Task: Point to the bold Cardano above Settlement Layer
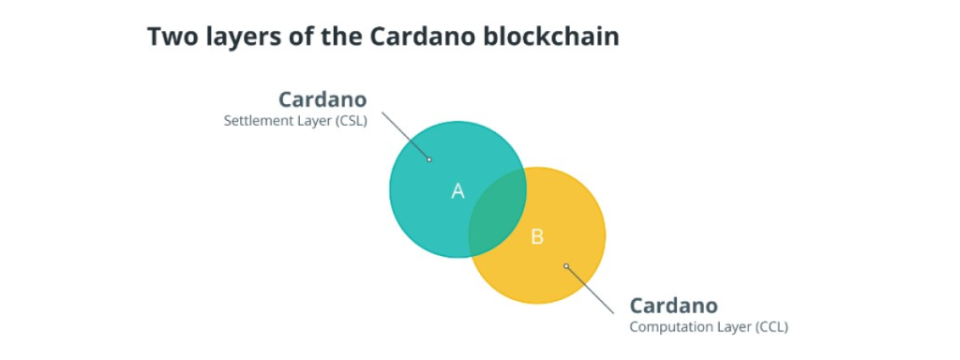pyautogui.click(x=322, y=99)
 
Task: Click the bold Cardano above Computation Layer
pyautogui.click(x=673, y=306)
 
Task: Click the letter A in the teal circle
pyautogui.click(x=457, y=191)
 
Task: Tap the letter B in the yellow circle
pyautogui.click(x=537, y=236)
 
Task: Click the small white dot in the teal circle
pyautogui.click(x=429, y=159)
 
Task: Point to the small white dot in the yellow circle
pyautogui.click(x=566, y=266)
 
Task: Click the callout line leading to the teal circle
pyautogui.click(x=405, y=135)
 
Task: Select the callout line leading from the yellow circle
pyautogui.click(x=591, y=288)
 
